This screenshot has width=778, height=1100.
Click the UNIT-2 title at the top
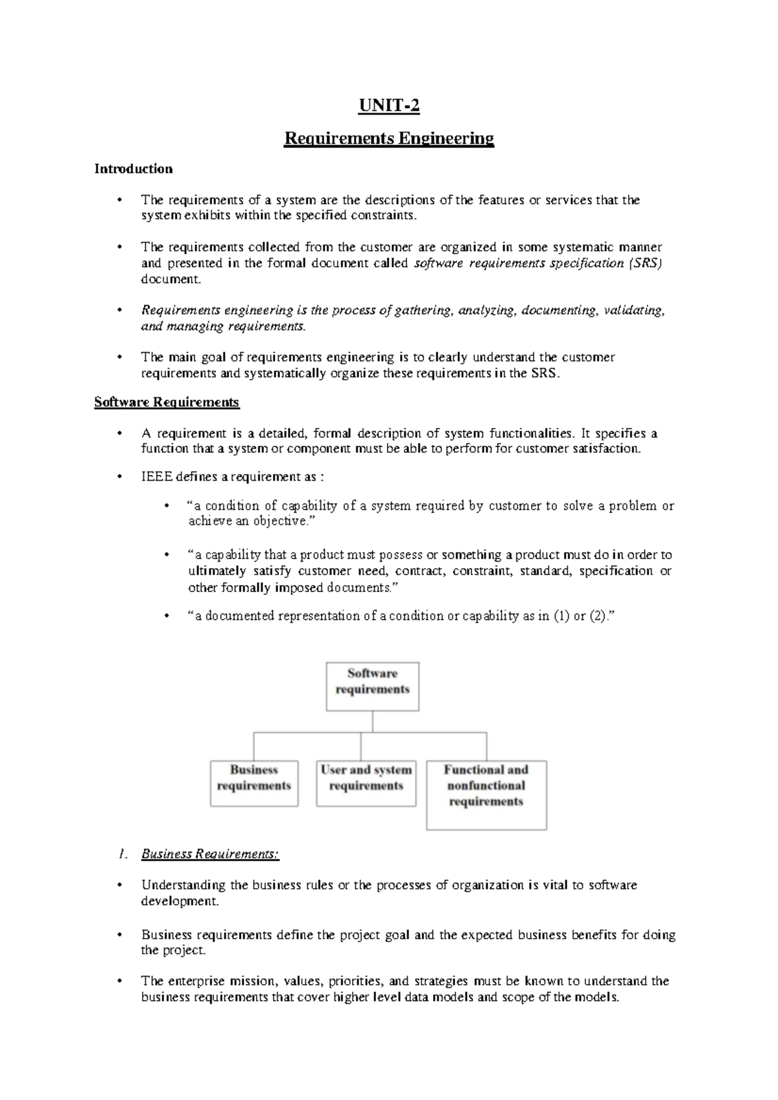click(390, 106)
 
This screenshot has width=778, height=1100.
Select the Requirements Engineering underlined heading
click(389, 139)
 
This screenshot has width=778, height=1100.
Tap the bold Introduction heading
click(134, 169)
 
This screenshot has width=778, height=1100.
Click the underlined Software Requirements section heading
click(167, 402)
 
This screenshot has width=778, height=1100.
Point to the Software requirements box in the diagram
click(372, 685)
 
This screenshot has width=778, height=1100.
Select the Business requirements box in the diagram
click(254, 783)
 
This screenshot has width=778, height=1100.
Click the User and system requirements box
click(366, 783)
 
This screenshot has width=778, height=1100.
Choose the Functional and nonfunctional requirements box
click(486, 794)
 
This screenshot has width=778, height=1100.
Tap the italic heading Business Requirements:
click(210, 854)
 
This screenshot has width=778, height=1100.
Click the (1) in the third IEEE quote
click(560, 616)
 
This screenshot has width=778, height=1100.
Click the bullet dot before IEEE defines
click(119, 477)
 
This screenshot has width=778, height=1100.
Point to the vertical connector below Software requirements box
click(372, 722)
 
